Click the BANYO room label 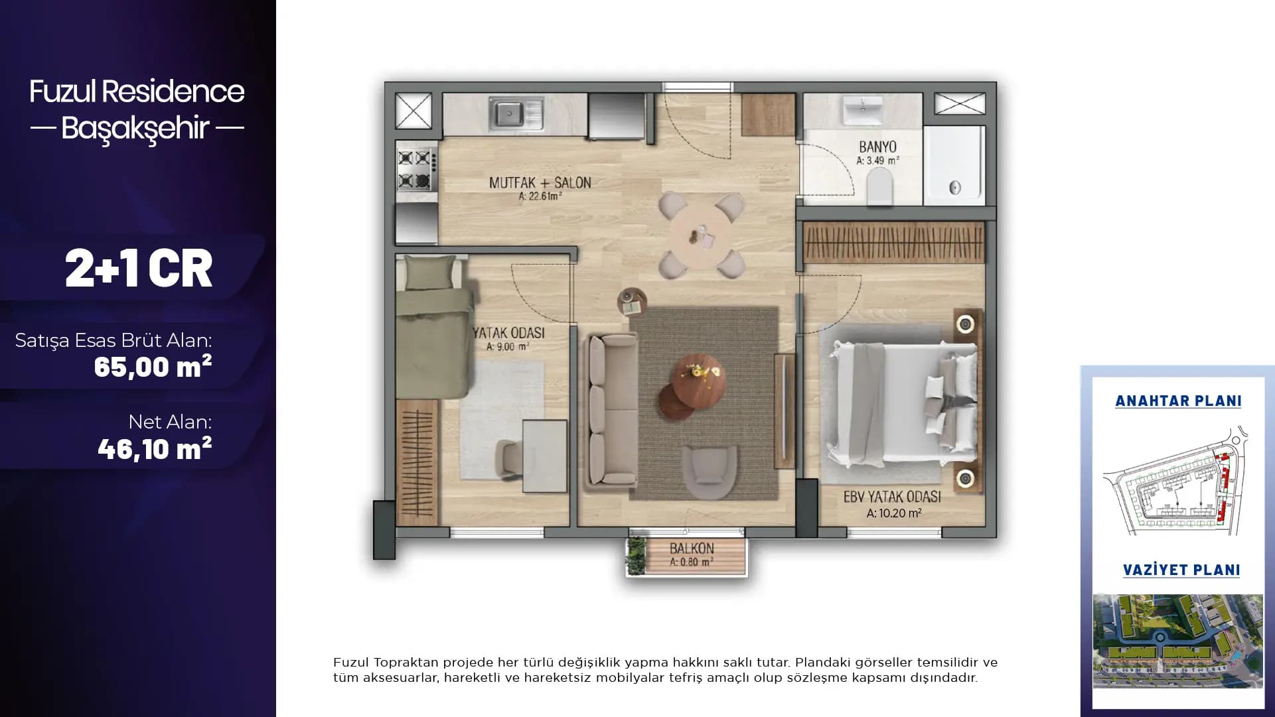click(x=877, y=147)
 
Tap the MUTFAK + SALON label click(x=540, y=182)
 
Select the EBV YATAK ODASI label click(x=892, y=497)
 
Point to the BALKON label click(x=692, y=549)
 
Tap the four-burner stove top click(x=417, y=169)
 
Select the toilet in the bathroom click(x=880, y=186)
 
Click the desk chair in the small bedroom click(x=512, y=460)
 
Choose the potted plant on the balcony click(x=637, y=555)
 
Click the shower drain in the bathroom click(x=955, y=187)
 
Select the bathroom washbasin click(x=863, y=110)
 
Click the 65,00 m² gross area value click(x=153, y=366)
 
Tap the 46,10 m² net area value click(x=155, y=448)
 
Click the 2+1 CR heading click(x=139, y=268)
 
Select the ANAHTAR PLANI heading click(x=1178, y=401)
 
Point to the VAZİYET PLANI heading click(x=1181, y=570)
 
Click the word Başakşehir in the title click(x=135, y=128)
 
